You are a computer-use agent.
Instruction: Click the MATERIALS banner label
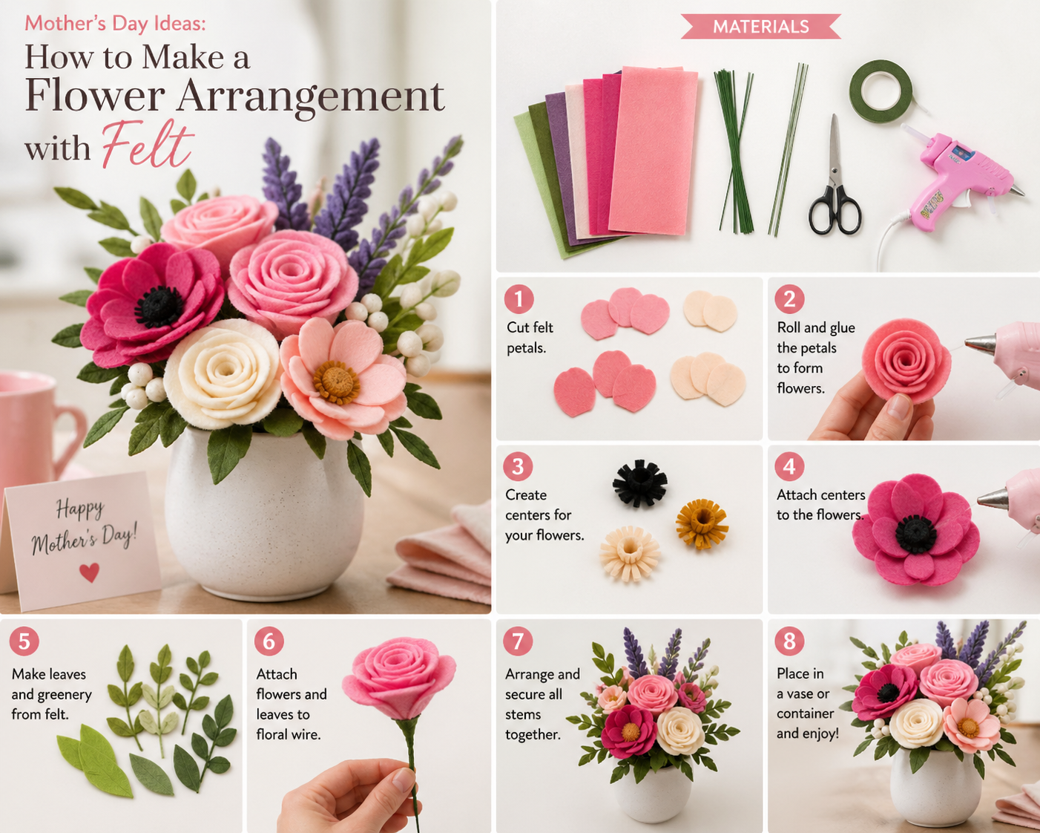pos(760,27)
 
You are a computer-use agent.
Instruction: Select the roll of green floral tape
pos(881,91)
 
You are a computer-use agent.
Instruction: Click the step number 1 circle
pos(519,299)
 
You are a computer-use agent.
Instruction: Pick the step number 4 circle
pos(789,466)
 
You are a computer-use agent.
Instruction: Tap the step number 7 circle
pos(518,641)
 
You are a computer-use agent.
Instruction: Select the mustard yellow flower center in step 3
pos(702,523)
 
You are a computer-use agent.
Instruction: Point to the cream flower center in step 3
pos(630,552)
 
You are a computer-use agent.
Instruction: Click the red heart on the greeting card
pos(89,572)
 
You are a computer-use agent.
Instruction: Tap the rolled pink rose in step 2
pos(906,361)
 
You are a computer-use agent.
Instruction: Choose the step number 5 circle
pos(24,641)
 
